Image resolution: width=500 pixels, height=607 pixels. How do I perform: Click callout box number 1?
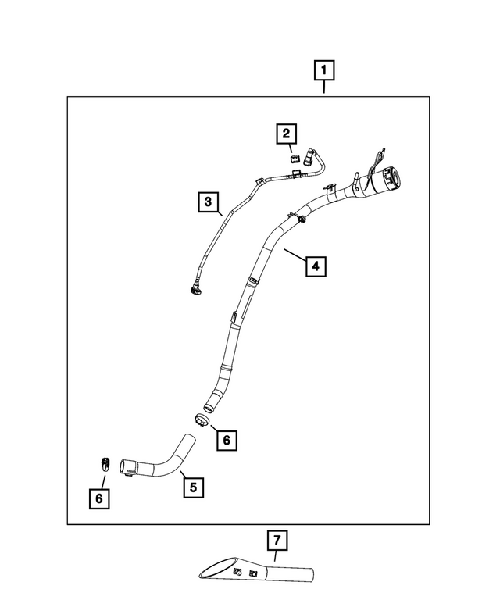pyautogui.click(x=324, y=70)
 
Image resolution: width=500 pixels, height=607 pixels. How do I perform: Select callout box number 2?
pyautogui.click(x=286, y=134)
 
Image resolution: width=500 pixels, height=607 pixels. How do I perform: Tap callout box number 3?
pyautogui.click(x=209, y=202)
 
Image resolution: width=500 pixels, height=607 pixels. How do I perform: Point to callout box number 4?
pyautogui.click(x=316, y=266)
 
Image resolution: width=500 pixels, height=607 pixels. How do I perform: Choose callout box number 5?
pyautogui.click(x=193, y=487)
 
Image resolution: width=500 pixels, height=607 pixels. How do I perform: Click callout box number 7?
pyautogui.click(x=277, y=540)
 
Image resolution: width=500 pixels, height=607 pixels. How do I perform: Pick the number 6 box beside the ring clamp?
pyautogui.click(x=227, y=440)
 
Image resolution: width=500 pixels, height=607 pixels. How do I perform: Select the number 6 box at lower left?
pyautogui.click(x=99, y=498)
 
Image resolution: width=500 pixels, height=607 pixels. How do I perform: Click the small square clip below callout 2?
pyautogui.click(x=295, y=158)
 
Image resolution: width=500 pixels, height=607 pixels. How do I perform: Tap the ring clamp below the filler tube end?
pyautogui.click(x=202, y=420)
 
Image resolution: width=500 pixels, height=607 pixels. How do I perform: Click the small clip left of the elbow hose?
pyautogui.click(x=105, y=463)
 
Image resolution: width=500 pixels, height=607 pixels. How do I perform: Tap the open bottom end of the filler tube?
pyautogui.click(x=209, y=407)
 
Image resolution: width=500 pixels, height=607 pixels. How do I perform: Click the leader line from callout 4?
pyautogui.click(x=295, y=255)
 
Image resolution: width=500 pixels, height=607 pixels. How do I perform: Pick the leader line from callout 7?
pyautogui.click(x=276, y=556)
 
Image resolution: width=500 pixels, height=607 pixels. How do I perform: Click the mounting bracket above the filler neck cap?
pyautogui.click(x=376, y=161)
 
